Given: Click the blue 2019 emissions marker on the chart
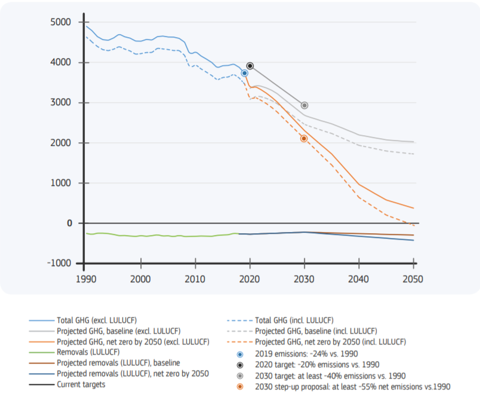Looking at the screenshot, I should point(244,73).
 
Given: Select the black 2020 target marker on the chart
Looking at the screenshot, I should point(250,66).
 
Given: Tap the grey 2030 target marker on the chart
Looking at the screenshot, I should point(304,105).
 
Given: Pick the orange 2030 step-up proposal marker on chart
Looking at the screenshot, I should point(304,138).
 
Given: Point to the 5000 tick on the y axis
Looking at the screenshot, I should point(61,22).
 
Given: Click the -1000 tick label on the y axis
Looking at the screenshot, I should point(59,264).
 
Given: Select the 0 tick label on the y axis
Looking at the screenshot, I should point(69,224).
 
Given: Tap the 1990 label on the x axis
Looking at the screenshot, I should point(86,279).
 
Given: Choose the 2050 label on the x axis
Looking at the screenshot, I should point(413,279).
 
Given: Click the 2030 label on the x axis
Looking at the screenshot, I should point(304,279).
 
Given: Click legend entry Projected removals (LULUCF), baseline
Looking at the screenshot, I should point(118,363).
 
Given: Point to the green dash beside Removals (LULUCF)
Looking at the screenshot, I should point(41,353).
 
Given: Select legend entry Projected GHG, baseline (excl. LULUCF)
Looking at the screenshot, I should point(119,331).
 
